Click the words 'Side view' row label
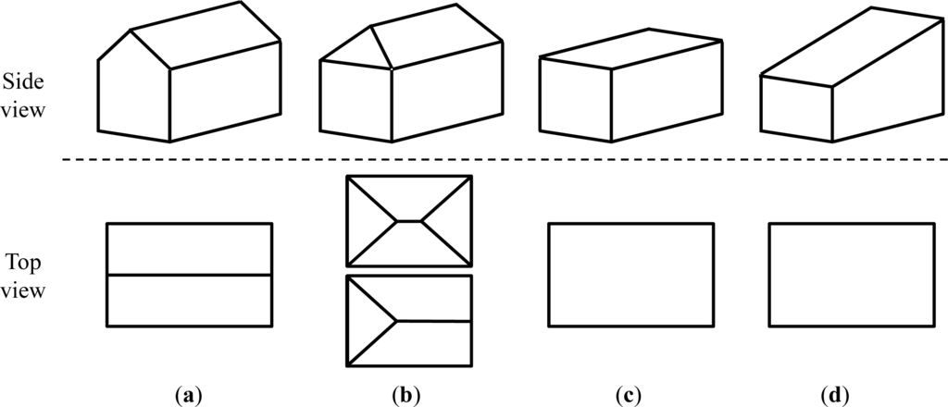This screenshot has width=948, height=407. click(24, 93)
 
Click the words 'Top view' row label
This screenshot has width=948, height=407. click(24, 275)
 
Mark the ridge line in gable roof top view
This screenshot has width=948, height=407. click(190, 275)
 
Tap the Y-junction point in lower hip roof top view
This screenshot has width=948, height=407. click(397, 321)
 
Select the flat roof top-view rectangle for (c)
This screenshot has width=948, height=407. click(630, 275)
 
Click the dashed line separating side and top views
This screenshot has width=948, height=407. click(500, 160)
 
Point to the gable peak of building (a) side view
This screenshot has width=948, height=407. click(131, 31)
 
